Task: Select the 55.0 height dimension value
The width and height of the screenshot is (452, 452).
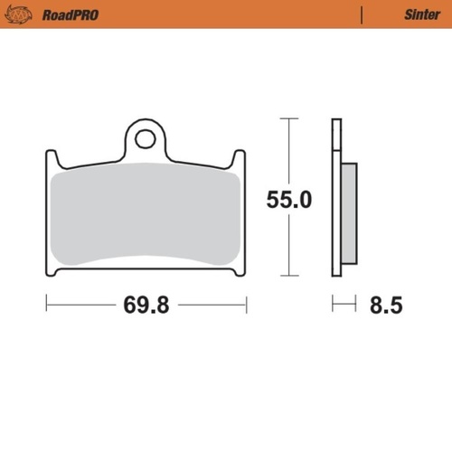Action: coord(288,201)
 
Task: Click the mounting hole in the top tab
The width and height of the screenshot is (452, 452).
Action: coord(144,139)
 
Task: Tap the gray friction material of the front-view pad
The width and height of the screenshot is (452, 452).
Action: coord(145,217)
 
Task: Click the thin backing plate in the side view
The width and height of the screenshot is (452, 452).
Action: coord(337,199)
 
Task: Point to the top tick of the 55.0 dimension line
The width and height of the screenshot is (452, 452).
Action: coord(287,118)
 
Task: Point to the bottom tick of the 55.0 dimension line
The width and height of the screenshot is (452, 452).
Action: coord(287,276)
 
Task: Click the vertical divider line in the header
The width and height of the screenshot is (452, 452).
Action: coord(363,14)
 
